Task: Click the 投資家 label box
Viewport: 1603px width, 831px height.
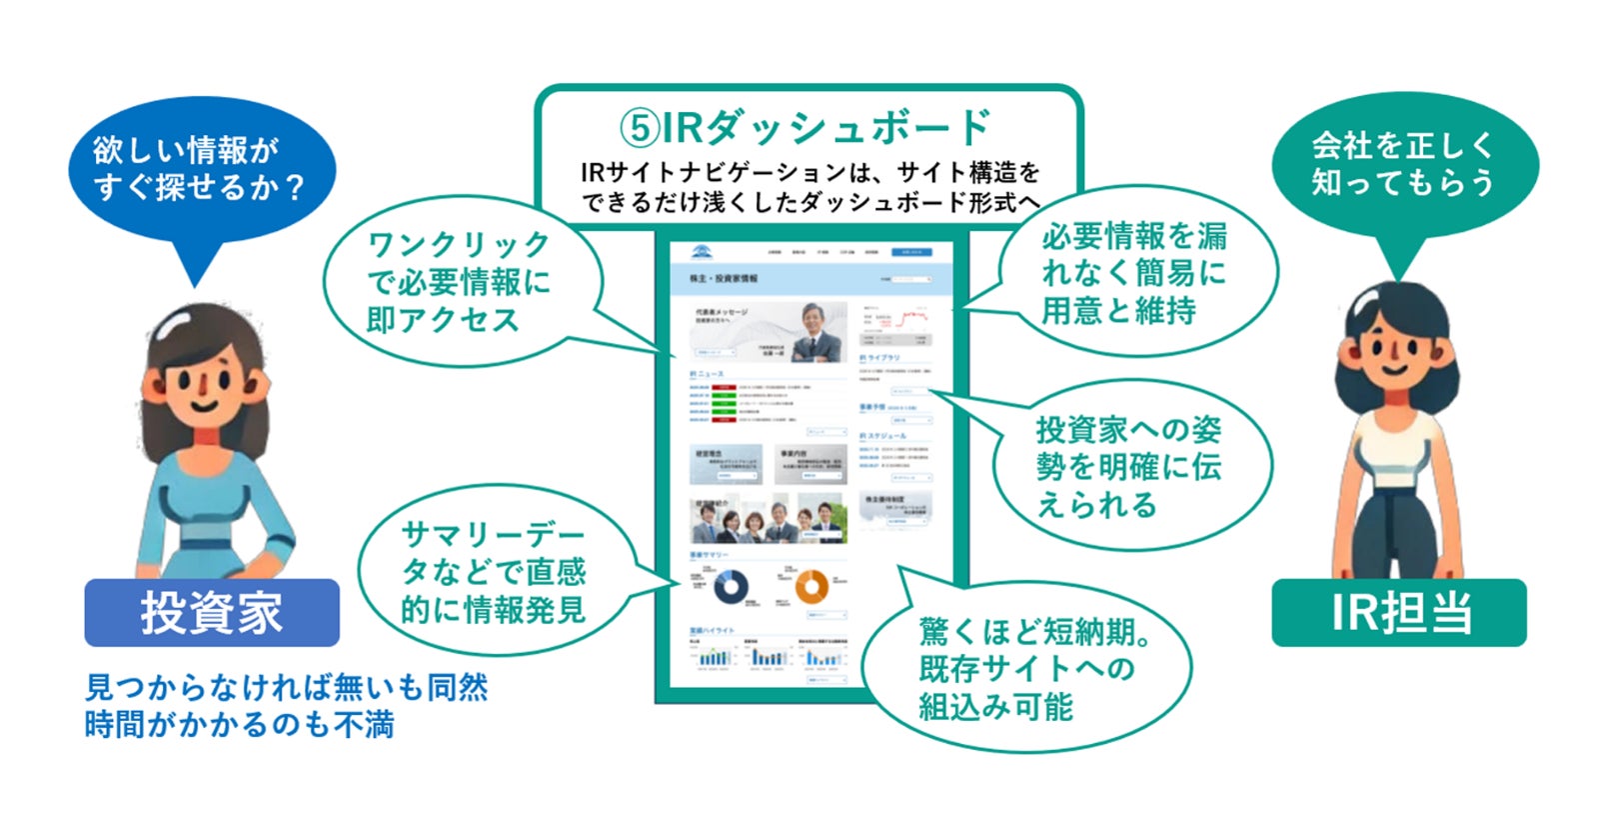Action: (212, 612)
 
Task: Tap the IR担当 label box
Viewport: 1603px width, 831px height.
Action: (1398, 612)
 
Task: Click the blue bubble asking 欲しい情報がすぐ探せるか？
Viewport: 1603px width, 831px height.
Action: (201, 169)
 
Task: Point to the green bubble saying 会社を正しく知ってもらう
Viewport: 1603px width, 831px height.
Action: (1403, 165)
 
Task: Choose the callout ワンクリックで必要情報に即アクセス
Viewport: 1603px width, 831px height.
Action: (460, 282)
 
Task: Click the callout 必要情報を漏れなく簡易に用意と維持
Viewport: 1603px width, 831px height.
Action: (1134, 273)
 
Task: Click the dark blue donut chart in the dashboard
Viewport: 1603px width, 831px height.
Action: (732, 586)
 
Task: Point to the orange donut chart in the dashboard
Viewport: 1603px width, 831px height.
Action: (810, 586)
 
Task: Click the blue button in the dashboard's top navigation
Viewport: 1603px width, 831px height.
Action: (911, 252)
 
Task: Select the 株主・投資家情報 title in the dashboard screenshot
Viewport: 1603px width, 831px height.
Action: (724, 278)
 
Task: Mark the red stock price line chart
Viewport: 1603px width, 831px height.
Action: (912, 319)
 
